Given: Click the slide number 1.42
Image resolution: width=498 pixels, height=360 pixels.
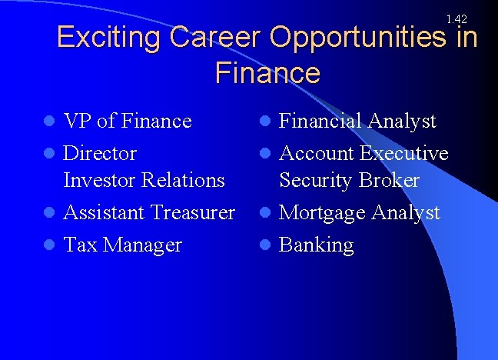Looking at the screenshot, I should coord(456,18).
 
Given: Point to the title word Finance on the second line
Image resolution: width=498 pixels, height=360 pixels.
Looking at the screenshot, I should coord(267,74).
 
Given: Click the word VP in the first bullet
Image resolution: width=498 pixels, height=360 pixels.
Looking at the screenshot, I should coord(78,121).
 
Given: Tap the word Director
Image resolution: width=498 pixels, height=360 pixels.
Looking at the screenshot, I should coord(100,153).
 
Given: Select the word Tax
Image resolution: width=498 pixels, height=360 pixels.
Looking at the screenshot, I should coord(79,245).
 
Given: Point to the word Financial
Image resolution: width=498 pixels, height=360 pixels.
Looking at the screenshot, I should coord(320,121).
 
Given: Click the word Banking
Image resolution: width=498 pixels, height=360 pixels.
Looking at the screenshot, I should coord(316,245).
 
